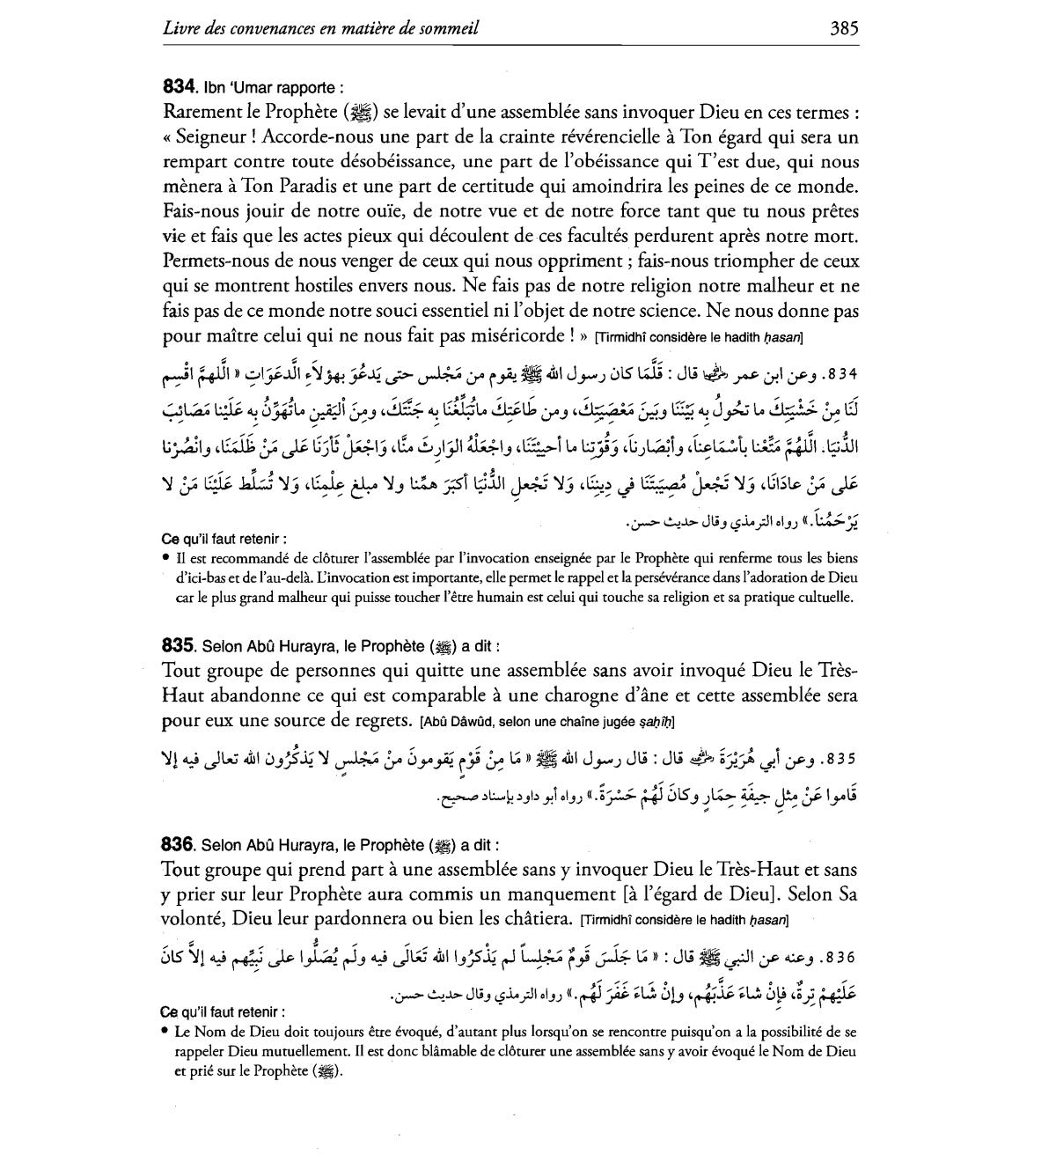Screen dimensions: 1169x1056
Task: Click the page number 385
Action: tap(843, 27)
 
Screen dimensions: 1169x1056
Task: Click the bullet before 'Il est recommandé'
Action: tap(166, 558)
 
